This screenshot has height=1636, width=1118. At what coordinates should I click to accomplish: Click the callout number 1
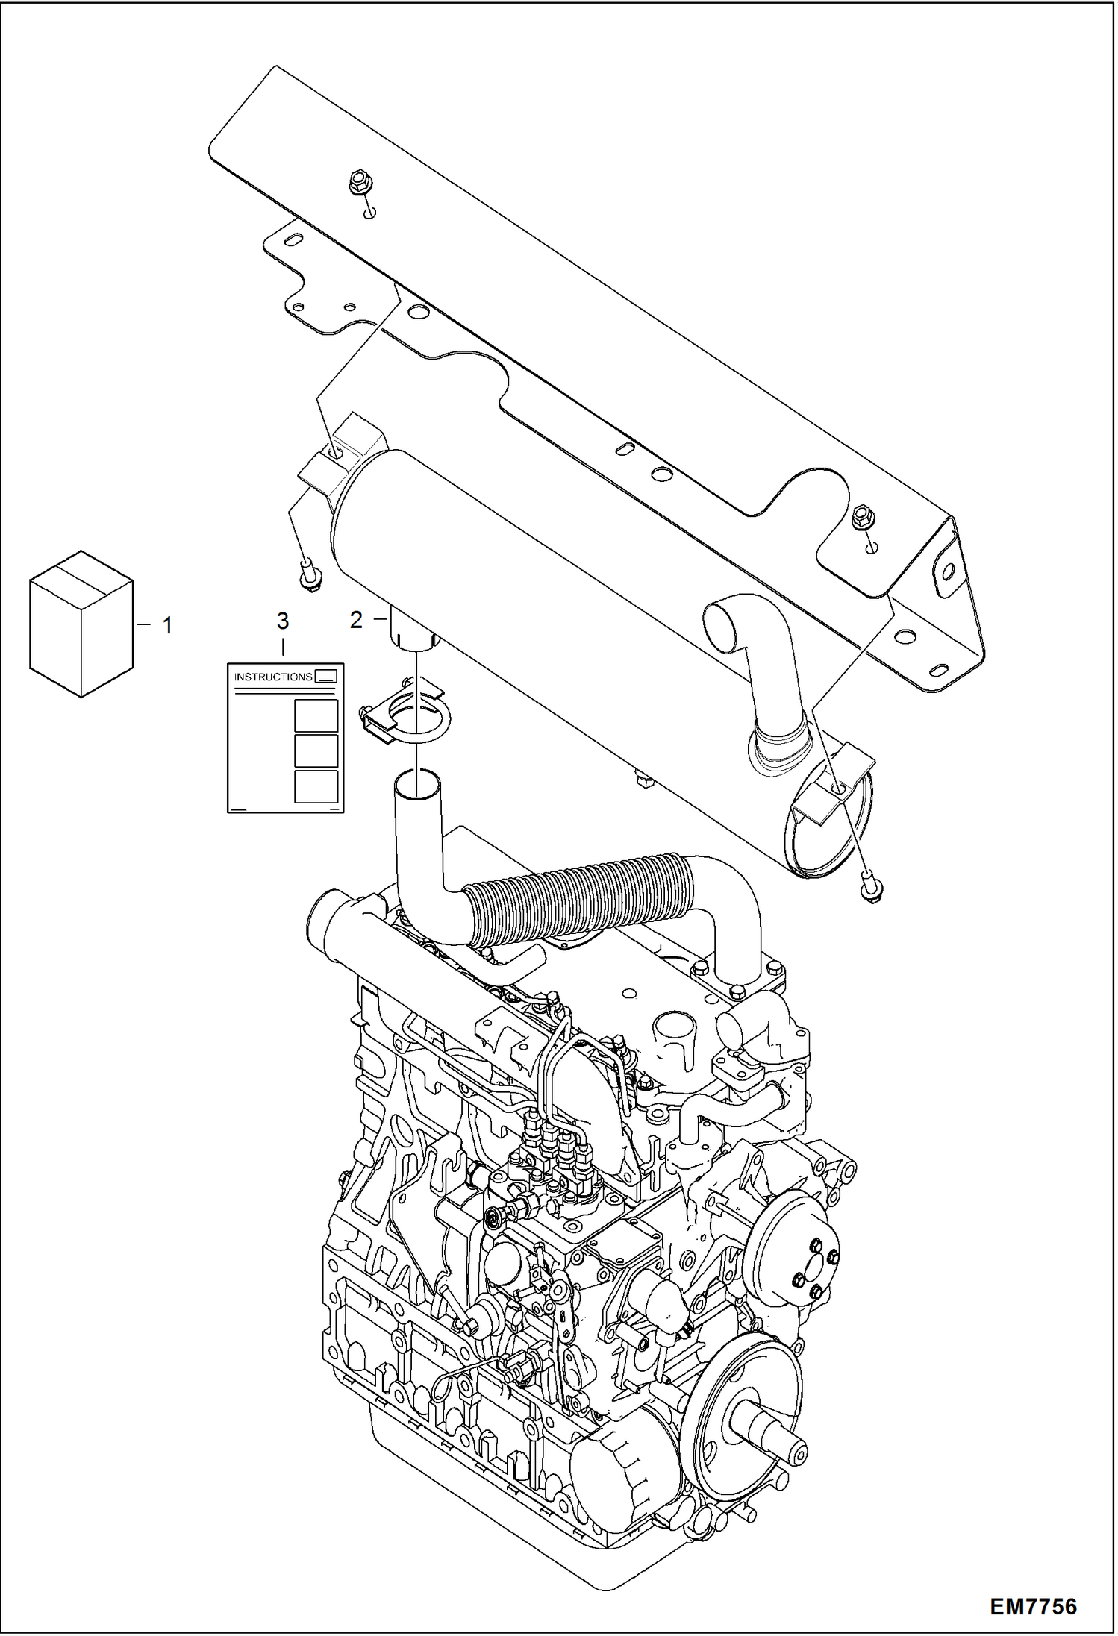[167, 625]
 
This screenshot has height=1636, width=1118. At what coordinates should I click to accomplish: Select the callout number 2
[357, 619]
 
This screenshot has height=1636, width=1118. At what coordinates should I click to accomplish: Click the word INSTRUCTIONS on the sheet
[273, 677]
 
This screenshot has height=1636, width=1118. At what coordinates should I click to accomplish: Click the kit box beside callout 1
[81, 624]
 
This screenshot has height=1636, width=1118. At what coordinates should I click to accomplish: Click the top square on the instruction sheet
[316, 716]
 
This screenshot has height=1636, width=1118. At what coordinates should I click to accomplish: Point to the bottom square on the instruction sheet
[316, 786]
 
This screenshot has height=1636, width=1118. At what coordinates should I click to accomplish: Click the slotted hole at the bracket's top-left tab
[293, 241]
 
